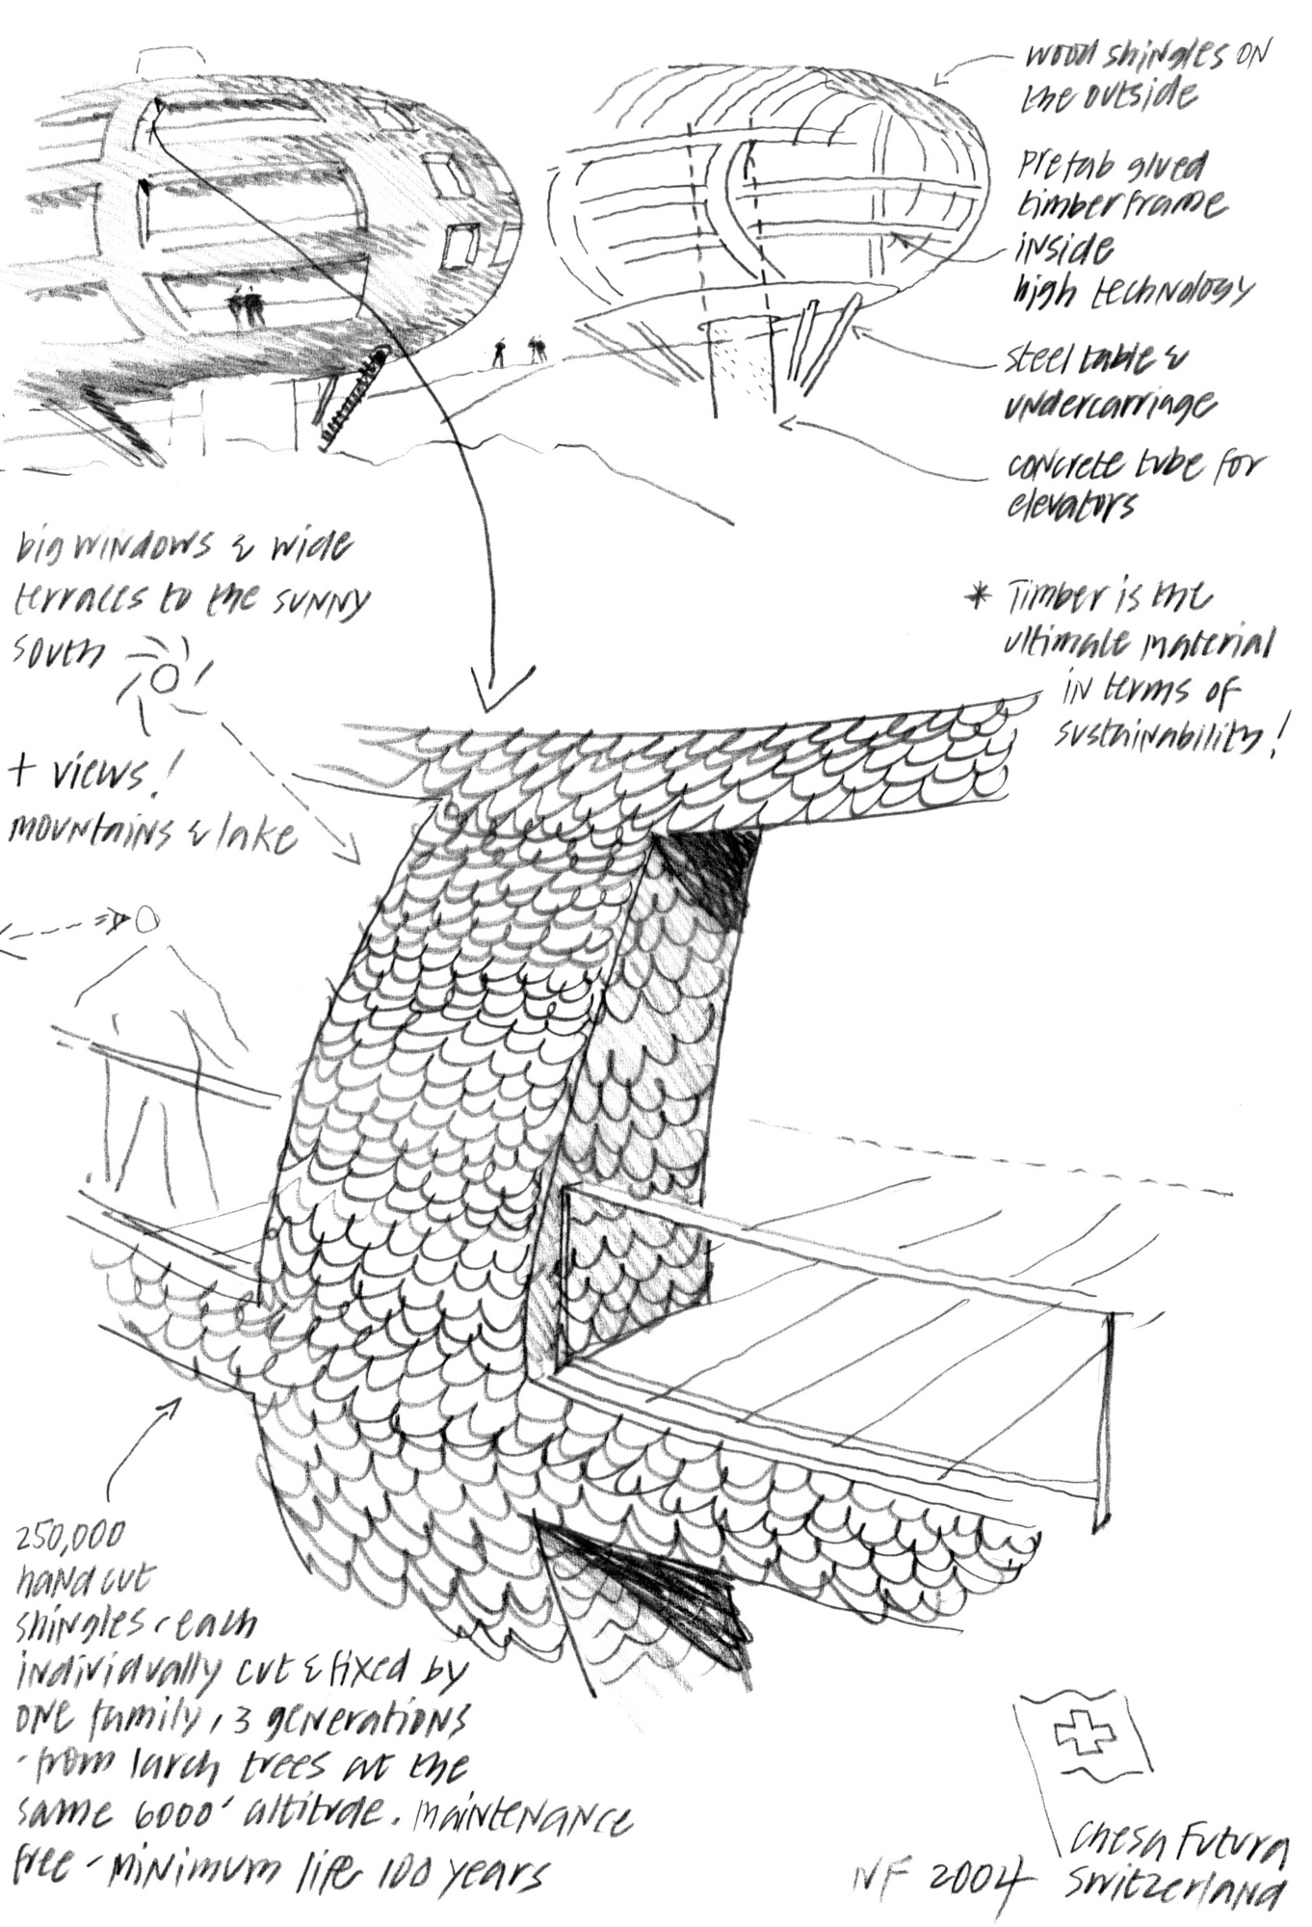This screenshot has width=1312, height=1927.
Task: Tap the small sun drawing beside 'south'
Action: (162, 679)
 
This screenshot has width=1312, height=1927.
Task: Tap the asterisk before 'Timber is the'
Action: (979, 598)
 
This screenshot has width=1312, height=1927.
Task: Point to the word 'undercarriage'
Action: (1108, 404)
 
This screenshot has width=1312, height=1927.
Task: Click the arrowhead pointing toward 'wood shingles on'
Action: (945, 71)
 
